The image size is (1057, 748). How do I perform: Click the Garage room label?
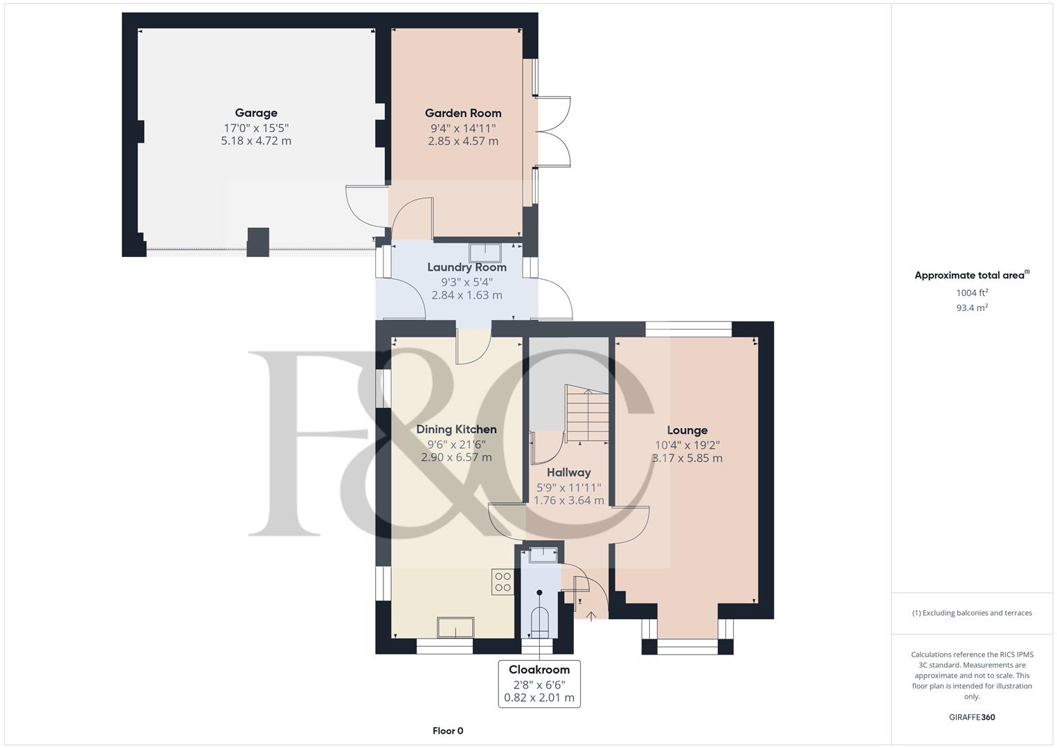pos(255,113)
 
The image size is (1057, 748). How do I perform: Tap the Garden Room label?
pos(462,113)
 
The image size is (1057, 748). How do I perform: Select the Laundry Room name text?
pos(467,267)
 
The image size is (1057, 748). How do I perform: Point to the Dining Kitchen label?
pos(456,429)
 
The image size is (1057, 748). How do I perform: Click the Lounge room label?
pos(687,430)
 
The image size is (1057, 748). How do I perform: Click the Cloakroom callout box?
pos(539,684)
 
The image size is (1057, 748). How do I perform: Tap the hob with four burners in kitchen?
pos(502,582)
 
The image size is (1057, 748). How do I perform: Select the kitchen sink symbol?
pos(455,627)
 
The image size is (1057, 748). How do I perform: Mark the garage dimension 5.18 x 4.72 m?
pos(255,141)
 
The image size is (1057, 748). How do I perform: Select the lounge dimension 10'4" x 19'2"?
pos(687,445)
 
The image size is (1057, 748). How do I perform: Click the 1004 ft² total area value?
pos(972,293)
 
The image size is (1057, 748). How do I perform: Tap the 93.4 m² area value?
pos(972,308)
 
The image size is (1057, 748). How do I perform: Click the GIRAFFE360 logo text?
pos(971,718)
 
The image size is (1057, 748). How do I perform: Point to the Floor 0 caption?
pos(447,731)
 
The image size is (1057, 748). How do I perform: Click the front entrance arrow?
pos(590,616)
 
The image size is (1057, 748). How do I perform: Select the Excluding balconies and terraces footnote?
pos(972,613)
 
